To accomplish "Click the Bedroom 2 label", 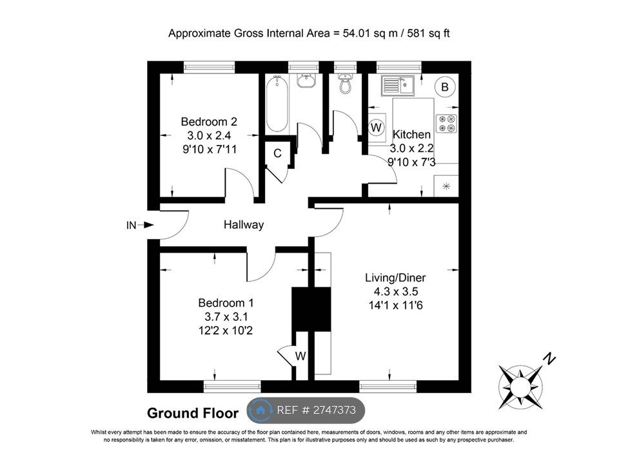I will (209, 121).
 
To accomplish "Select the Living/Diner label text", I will (395, 278).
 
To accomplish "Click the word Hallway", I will (244, 225).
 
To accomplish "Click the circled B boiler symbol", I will (444, 86).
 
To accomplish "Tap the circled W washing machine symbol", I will (377, 128).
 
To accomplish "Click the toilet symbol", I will (346, 84).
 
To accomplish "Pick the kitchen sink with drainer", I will (397, 84).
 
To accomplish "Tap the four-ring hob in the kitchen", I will (446, 123).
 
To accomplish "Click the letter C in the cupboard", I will (277, 153).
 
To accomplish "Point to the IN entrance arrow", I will (140, 225).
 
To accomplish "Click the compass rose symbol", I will (520, 385).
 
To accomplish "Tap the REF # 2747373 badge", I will (306, 410).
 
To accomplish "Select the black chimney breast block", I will (311, 309).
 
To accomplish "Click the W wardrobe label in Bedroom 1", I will (300, 356).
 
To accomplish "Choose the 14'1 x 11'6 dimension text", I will (395, 304).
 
